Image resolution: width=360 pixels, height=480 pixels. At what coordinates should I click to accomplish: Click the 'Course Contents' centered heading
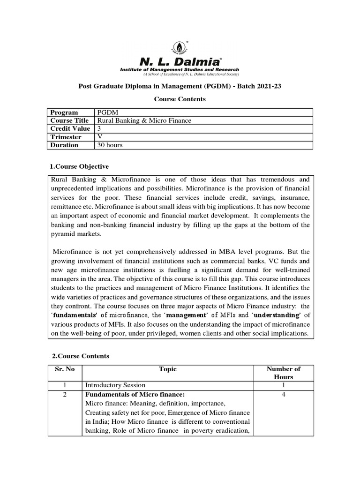(x=180, y=99)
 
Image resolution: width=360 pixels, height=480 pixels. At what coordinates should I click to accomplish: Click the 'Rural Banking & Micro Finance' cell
(x=144, y=120)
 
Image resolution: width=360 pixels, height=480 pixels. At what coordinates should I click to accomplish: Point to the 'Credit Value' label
(x=70, y=128)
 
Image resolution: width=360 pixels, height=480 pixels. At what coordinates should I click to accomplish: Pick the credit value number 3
(x=99, y=128)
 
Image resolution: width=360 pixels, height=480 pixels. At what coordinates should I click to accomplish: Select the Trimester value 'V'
(x=99, y=137)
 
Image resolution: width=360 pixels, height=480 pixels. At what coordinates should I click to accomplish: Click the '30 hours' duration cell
(x=110, y=145)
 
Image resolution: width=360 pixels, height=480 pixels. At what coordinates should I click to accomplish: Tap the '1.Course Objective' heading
(x=79, y=166)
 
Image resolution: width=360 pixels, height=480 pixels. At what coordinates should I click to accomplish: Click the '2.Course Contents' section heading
(x=79, y=356)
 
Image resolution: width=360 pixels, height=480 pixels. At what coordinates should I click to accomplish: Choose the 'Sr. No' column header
(x=65, y=369)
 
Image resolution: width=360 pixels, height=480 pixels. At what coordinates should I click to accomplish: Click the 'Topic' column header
(x=168, y=369)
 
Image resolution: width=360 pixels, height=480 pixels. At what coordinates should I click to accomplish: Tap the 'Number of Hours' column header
(x=283, y=373)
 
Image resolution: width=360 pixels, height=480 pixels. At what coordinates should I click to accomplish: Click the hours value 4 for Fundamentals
(x=283, y=394)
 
